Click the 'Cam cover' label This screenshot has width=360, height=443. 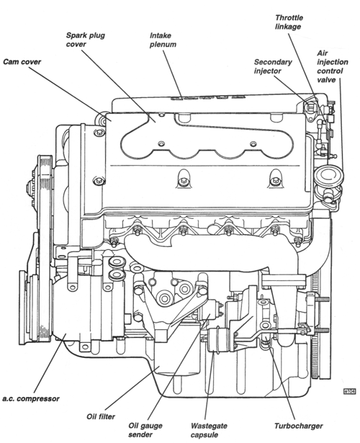(x=22, y=62)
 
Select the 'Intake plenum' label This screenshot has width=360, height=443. (x=163, y=40)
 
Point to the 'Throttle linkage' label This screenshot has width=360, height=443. (x=289, y=22)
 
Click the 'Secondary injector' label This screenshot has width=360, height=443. (x=273, y=66)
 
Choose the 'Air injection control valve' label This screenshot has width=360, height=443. (x=333, y=66)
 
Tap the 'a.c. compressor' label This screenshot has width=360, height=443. (x=31, y=399)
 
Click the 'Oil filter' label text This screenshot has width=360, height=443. (x=101, y=416)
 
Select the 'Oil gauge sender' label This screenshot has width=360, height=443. (x=145, y=430)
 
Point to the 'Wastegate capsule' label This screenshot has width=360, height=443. (x=209, y=430)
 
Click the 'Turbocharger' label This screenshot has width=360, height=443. (x=299, y=426)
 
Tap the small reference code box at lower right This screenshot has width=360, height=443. (x=349, y=391)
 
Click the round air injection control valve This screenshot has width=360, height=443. (x=330, y=177)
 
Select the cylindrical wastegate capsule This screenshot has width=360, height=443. (x=217, y=339)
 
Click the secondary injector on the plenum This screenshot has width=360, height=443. (x=310, y=108)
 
